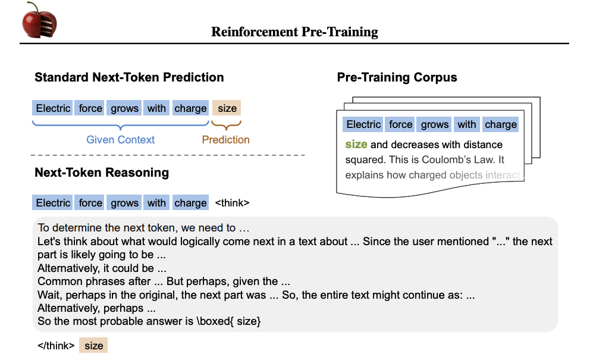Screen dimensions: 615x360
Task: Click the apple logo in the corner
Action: coord(39,20)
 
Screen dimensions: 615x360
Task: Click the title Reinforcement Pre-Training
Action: coord(294,32)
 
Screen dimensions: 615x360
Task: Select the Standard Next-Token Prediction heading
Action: coord(129,77)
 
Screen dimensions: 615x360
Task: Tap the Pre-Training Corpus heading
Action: coord(397,77)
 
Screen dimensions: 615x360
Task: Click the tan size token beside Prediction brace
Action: coord(227,108)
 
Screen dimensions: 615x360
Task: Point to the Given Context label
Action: coord(120,140)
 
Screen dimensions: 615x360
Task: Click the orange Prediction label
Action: coord(225,140)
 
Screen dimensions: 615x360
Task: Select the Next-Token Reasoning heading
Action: coord(102,173)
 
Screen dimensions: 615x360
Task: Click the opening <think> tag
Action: coord(232,203)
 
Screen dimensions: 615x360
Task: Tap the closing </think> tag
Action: coord(56,346)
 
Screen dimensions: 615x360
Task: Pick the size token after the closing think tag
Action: coord(93,346)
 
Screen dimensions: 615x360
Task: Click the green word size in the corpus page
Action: coord(356,145)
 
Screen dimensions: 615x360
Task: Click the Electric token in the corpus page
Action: coord(363,124)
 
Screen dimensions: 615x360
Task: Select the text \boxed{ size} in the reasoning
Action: coord(228,321)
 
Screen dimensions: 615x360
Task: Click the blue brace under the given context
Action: coord(121,125)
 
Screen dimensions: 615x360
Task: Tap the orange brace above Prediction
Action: coord(226,125)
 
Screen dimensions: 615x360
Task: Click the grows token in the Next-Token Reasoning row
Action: coord(124,202)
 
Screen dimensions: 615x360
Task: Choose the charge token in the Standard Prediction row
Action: coord(190,108)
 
